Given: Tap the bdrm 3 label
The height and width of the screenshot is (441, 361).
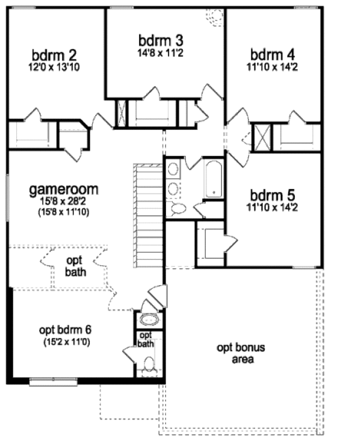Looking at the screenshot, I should tap(160, 41).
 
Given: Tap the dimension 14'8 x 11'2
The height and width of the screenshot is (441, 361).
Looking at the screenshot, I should tap(160, 53).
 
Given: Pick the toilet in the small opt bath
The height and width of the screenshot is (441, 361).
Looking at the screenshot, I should tap(149, 364).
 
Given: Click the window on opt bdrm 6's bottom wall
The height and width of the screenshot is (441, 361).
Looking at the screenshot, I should tap(52, 380).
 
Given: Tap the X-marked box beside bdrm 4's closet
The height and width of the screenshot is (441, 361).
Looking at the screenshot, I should tap(262, 137).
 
